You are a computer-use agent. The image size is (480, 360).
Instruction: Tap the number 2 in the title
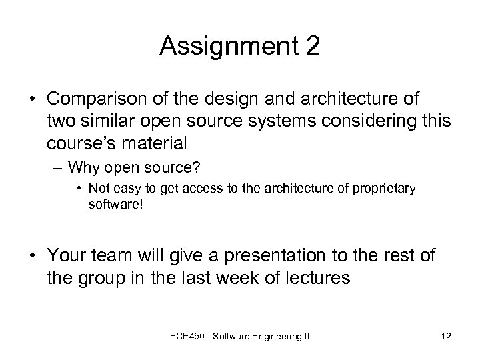[311, 47]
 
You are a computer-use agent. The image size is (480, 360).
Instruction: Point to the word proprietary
[385, 189]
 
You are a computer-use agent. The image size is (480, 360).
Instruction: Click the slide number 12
[445, 336]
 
